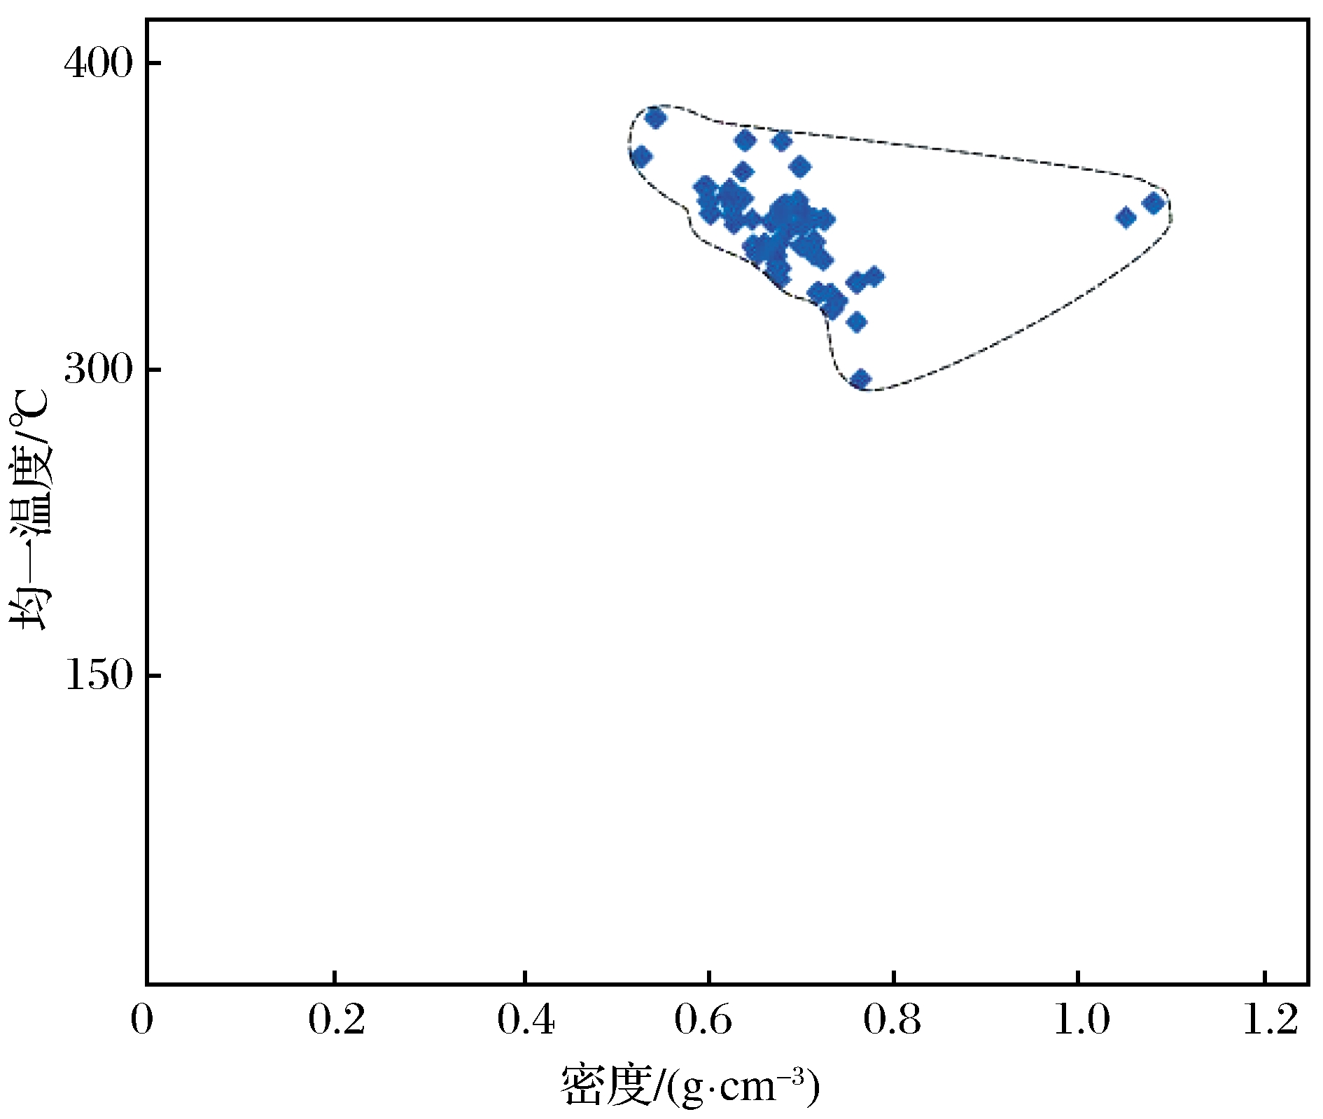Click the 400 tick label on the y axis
[x=98, y=64]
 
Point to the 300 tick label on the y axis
[x=98, y=369]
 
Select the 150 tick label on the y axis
[x=98, y=676]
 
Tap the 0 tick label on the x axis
[x=141, y=1020]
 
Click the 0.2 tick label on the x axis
[x=337, y=1020]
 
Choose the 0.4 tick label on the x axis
[x=526, y=1020]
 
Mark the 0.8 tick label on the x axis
[x=892, y=1020]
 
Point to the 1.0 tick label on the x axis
[x=1081, y=1020]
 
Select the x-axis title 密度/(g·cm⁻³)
[x=690, y=1086]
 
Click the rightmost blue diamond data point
[x=1153, y=204]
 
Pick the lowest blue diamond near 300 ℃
[x=860, y=380]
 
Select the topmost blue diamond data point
[x=655, y=118]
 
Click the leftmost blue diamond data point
[x=640, y=157]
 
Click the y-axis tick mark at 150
[x=154, y=676]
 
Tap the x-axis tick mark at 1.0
[x=1078, y=977]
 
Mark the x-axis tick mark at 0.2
[x=335, y=977]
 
